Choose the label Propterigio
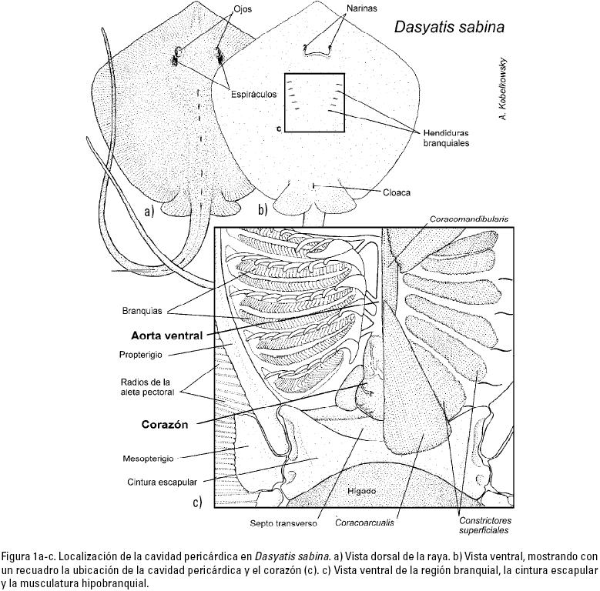[145, 355]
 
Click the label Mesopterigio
[150, 459]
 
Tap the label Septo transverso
[283, 524]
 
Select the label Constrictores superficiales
[479, 524]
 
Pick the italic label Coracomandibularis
[464, 219]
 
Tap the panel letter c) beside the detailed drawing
[198, 503]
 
